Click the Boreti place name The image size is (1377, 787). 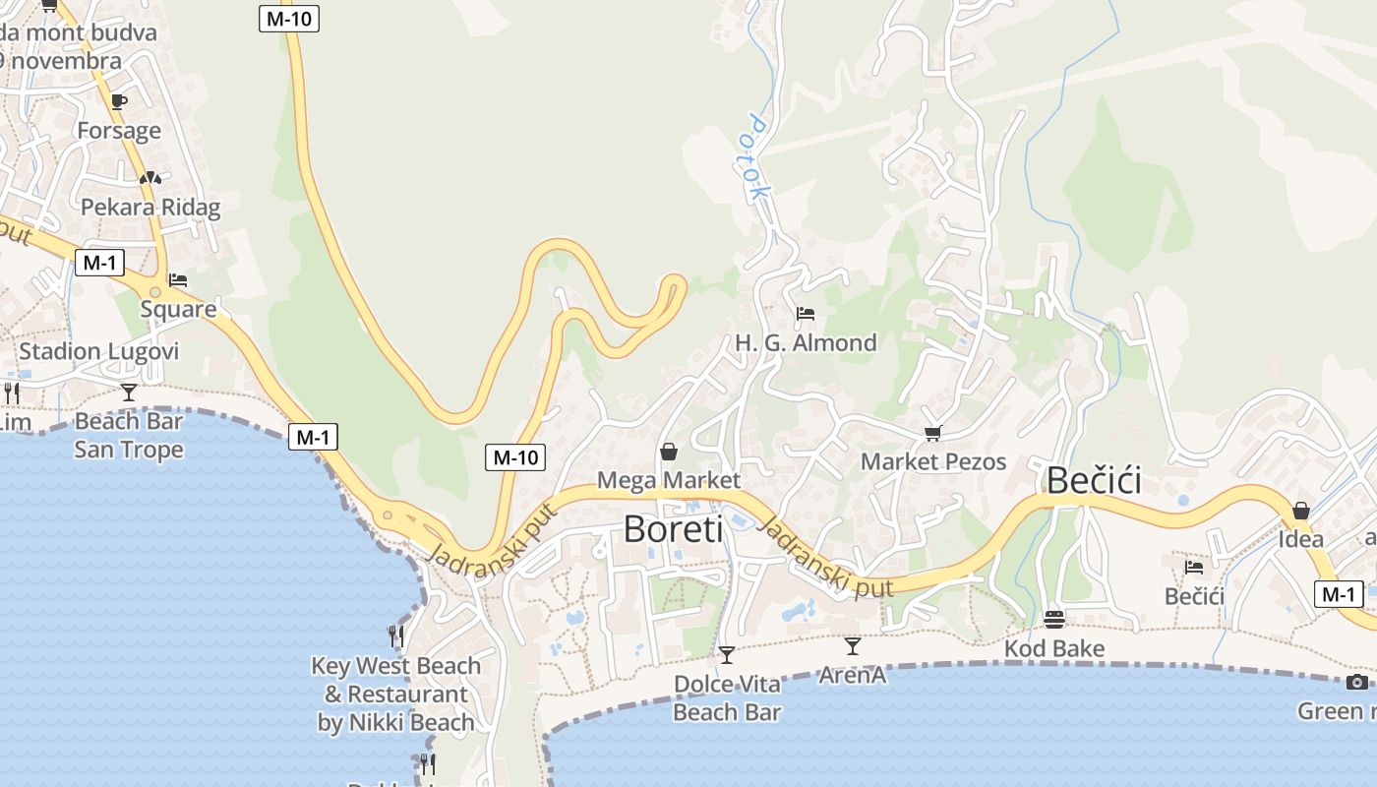tap(673, 529)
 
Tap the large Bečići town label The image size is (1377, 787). tap(1094, 481)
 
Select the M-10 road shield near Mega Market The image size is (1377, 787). tap(515, 456)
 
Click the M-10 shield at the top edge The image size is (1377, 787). tap(289, 18)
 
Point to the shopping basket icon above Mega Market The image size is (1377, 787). tap(669, 452)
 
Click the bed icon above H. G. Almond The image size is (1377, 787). tap(806, 315)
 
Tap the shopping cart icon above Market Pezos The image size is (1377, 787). tap(933, 433)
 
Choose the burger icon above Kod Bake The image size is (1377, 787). tap(1054, 620)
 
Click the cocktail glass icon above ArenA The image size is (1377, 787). tap(853, 646)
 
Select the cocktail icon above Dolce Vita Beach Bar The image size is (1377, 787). tap(727, 654)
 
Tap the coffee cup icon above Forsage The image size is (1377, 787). tap(119, 101)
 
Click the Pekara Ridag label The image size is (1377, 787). tap(150, 208)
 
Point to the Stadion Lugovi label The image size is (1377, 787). tap(99, 351)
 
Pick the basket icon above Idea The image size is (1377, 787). tap(1301, 511)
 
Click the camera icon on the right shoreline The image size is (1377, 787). tap(1357, 682)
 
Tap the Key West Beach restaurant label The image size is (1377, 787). tap(396, 694)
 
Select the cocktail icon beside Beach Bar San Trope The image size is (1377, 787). tap(129, 393)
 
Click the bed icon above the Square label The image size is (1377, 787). tap(178, 280)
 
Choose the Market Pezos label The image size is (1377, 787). tap(933, 461)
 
